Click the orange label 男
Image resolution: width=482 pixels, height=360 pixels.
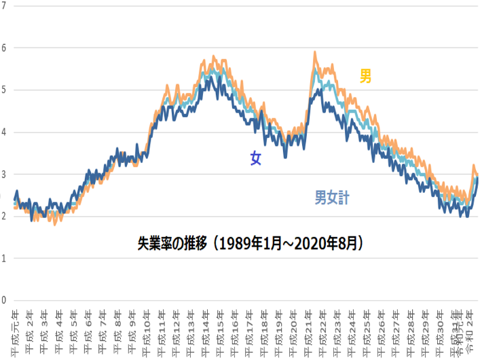(365, 76)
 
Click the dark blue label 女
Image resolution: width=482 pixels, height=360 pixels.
(256, 158)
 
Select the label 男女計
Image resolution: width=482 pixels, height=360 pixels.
(332, 197)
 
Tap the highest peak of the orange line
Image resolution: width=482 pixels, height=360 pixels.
(314, 52)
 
